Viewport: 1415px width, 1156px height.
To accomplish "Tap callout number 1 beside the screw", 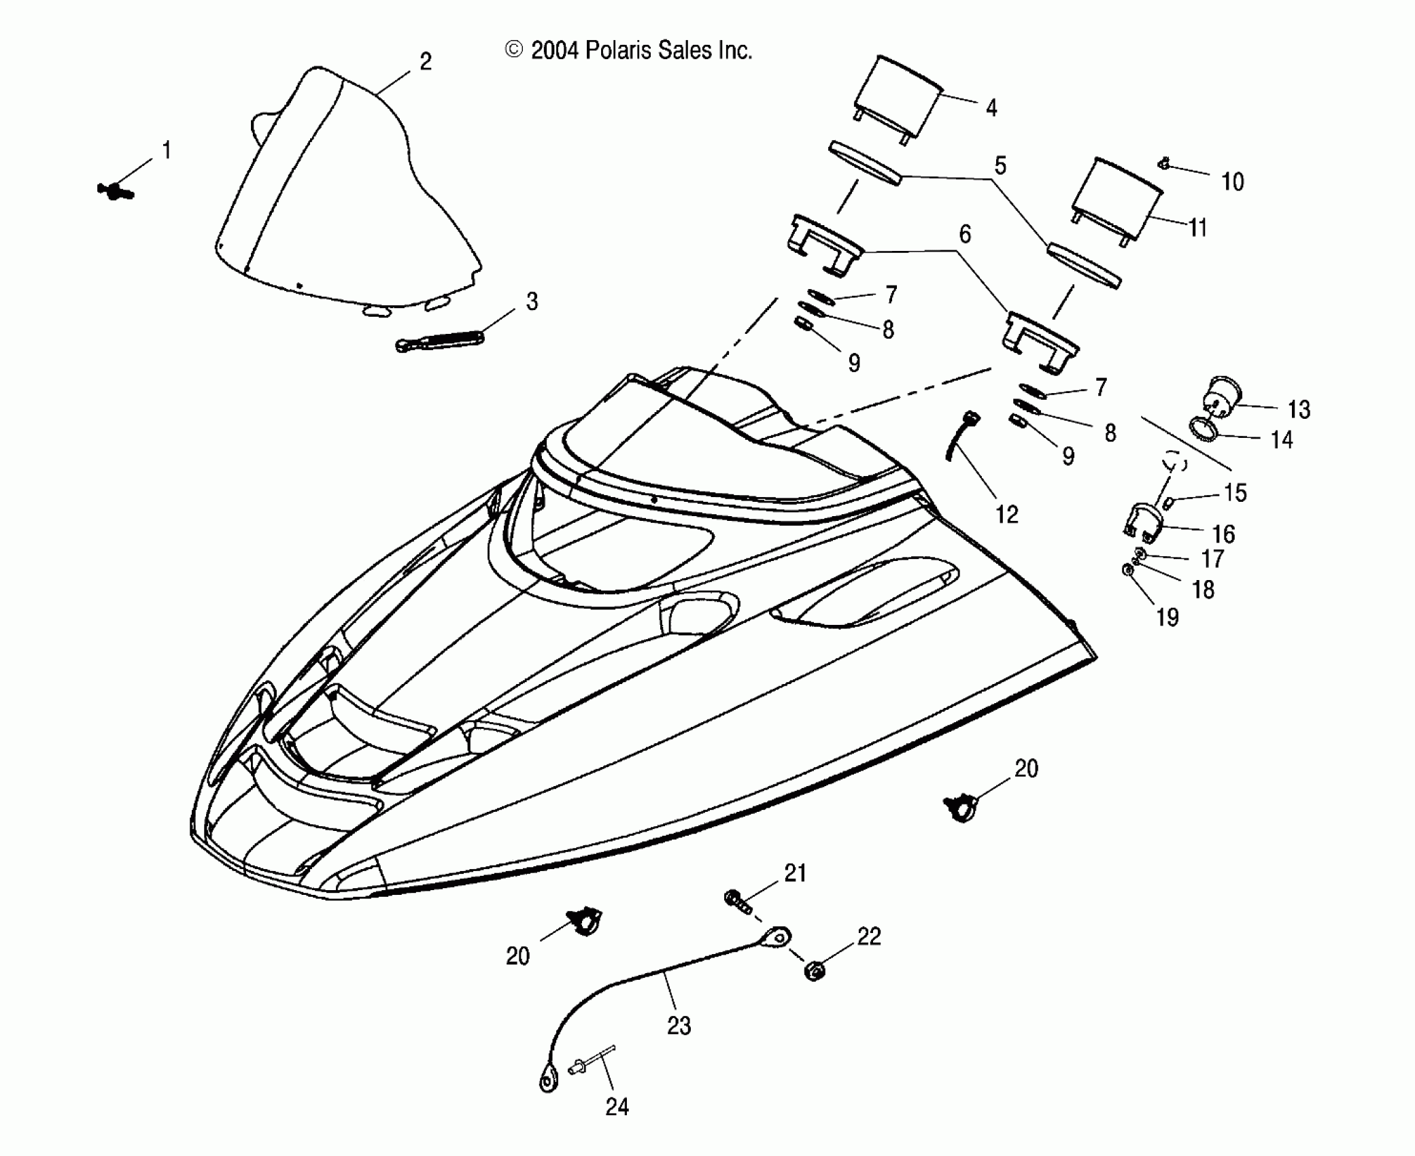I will (x=167, y=150).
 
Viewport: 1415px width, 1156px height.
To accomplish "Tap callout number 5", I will (x=1000, y=165).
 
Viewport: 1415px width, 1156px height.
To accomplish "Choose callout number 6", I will (x=965, y=235).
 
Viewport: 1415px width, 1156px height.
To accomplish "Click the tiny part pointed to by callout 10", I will (x=1164, y=164).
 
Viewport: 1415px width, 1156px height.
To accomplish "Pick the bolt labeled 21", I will (x=738, y=902).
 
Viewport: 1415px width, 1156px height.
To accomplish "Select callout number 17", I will (x=1212, y=558).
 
